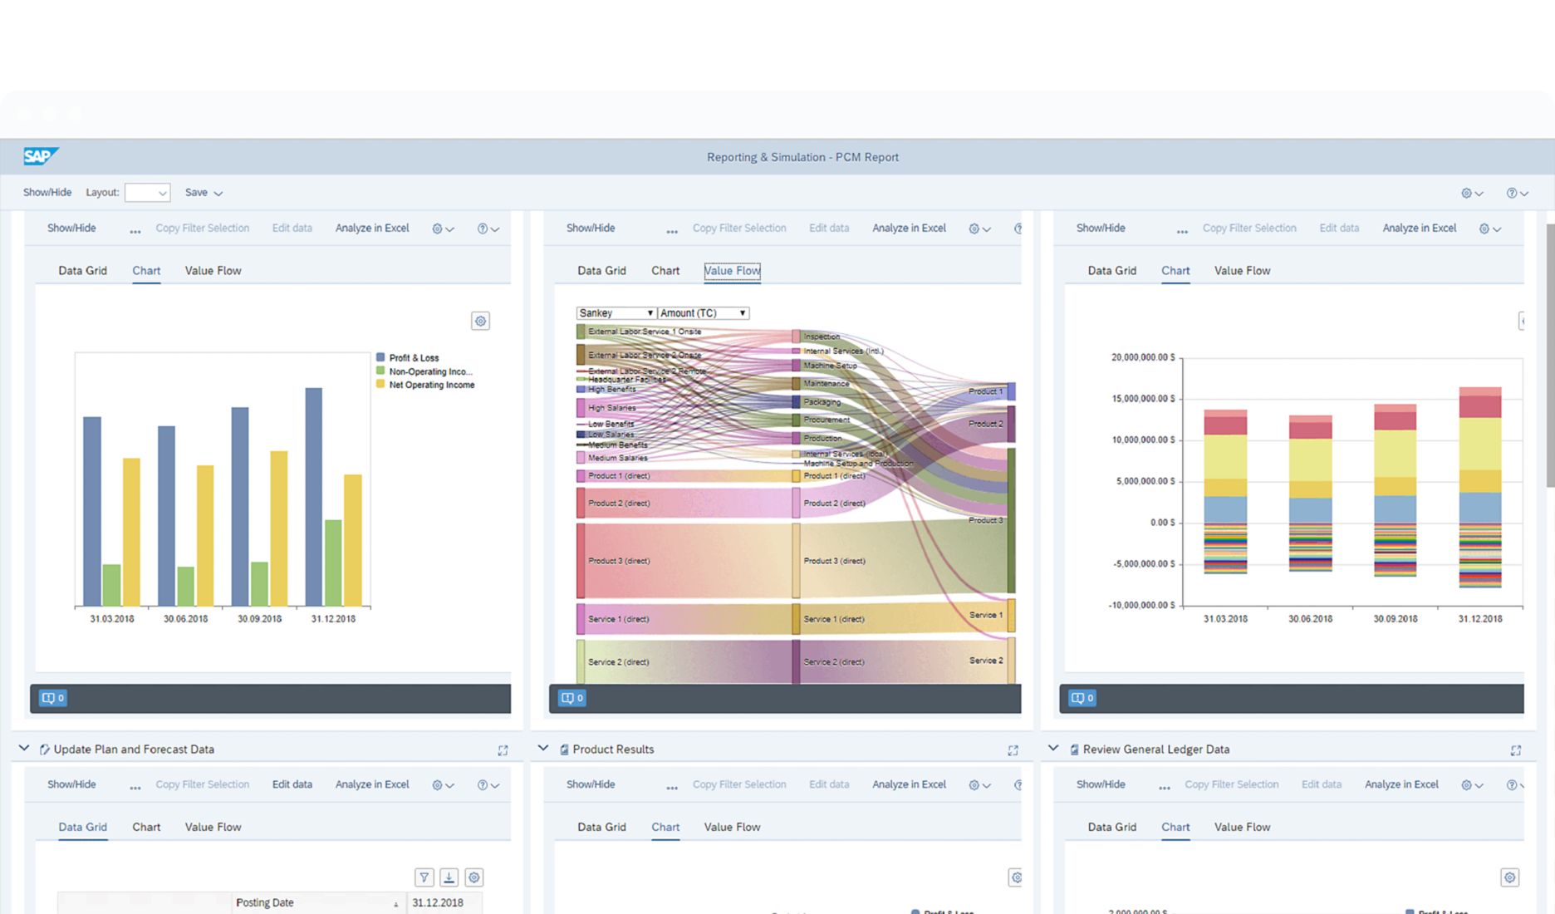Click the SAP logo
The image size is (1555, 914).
click(x=40, y=156)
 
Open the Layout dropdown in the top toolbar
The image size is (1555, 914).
click(x=147, y=193)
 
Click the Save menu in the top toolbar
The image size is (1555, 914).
click(x=204, y=193)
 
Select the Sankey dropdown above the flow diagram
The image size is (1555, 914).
click(x=616, y=313)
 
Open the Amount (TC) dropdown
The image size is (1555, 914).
click(x=703, y=313)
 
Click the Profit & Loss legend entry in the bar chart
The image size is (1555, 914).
click(x=413, y=358)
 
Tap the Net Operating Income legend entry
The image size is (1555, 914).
click(x=430, y=385)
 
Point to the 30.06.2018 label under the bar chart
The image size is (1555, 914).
click(x=185, y=619)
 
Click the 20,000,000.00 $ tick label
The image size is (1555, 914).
click(x=1143, y=357)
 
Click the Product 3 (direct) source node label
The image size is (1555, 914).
click(x=619, y=561)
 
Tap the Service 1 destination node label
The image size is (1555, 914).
click(x=985, y=615)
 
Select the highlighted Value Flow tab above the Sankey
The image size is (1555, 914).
click(x=732, y=271)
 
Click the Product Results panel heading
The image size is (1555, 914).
click(x=613, y=749)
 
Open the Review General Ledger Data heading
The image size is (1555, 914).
click(x=1155, y=749)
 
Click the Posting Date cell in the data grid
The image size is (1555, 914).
click(x=265, y=902)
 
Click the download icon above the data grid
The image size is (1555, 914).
click(x=449, y=877)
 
